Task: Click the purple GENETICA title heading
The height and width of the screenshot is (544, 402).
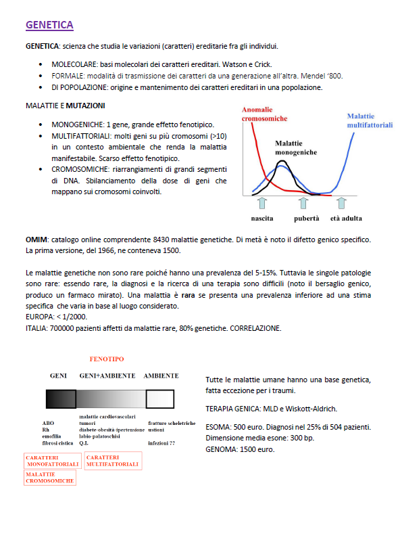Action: coord(49,25)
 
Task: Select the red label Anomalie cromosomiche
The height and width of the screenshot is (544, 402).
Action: coord(264,114)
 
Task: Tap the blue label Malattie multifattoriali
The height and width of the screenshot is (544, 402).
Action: coord(370,120)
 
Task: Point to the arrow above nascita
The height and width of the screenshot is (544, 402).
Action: coord(262,203)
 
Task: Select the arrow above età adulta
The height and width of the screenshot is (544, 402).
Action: coord(343,203)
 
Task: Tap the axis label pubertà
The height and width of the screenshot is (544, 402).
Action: coord(306,219)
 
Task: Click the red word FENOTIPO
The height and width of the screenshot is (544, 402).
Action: coord(107,359)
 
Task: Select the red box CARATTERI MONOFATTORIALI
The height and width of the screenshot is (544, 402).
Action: coord(53,461)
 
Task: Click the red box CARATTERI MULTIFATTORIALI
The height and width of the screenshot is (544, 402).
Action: coord(113,461)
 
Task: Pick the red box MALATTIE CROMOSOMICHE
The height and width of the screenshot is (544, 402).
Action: coord(50,477)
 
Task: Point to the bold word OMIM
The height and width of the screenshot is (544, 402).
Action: coord(36,240)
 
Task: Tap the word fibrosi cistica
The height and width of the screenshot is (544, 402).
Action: coord(58,443)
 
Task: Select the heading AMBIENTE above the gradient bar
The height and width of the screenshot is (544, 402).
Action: coord(161,375)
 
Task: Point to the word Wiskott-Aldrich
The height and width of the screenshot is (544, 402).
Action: coord(314,409)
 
